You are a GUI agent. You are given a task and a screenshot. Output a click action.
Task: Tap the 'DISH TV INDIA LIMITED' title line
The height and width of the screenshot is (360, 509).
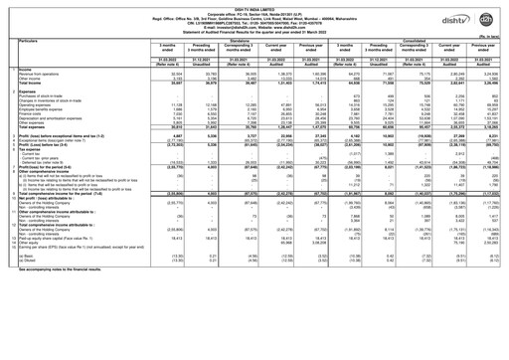254,4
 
